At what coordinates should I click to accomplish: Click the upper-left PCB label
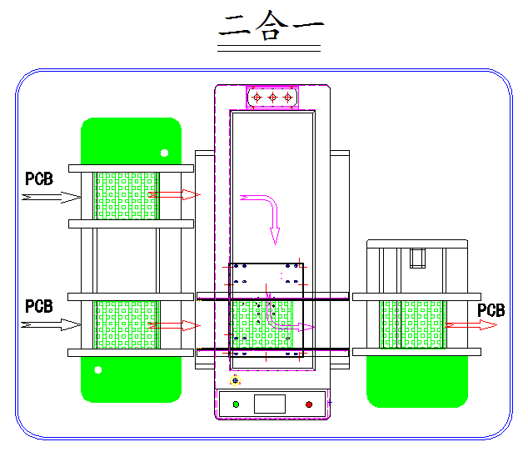pos(39,178)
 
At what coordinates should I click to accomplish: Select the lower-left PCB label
pos(39,307)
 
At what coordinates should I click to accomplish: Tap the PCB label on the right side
pos(491,310)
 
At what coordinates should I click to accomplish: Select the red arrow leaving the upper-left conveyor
pos(176,195)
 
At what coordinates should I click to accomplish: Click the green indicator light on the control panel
pos(236,404)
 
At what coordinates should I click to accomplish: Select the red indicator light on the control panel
pos(309,404)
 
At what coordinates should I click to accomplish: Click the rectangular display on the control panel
pos(270,404)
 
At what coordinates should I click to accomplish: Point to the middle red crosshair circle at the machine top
pos(272,98)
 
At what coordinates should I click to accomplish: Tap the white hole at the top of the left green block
pos(164,153)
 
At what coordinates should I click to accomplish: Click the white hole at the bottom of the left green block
pos(98,369)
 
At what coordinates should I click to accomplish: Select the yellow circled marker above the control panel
pos(236,380)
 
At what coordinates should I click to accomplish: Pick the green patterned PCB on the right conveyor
pos(413,324)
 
